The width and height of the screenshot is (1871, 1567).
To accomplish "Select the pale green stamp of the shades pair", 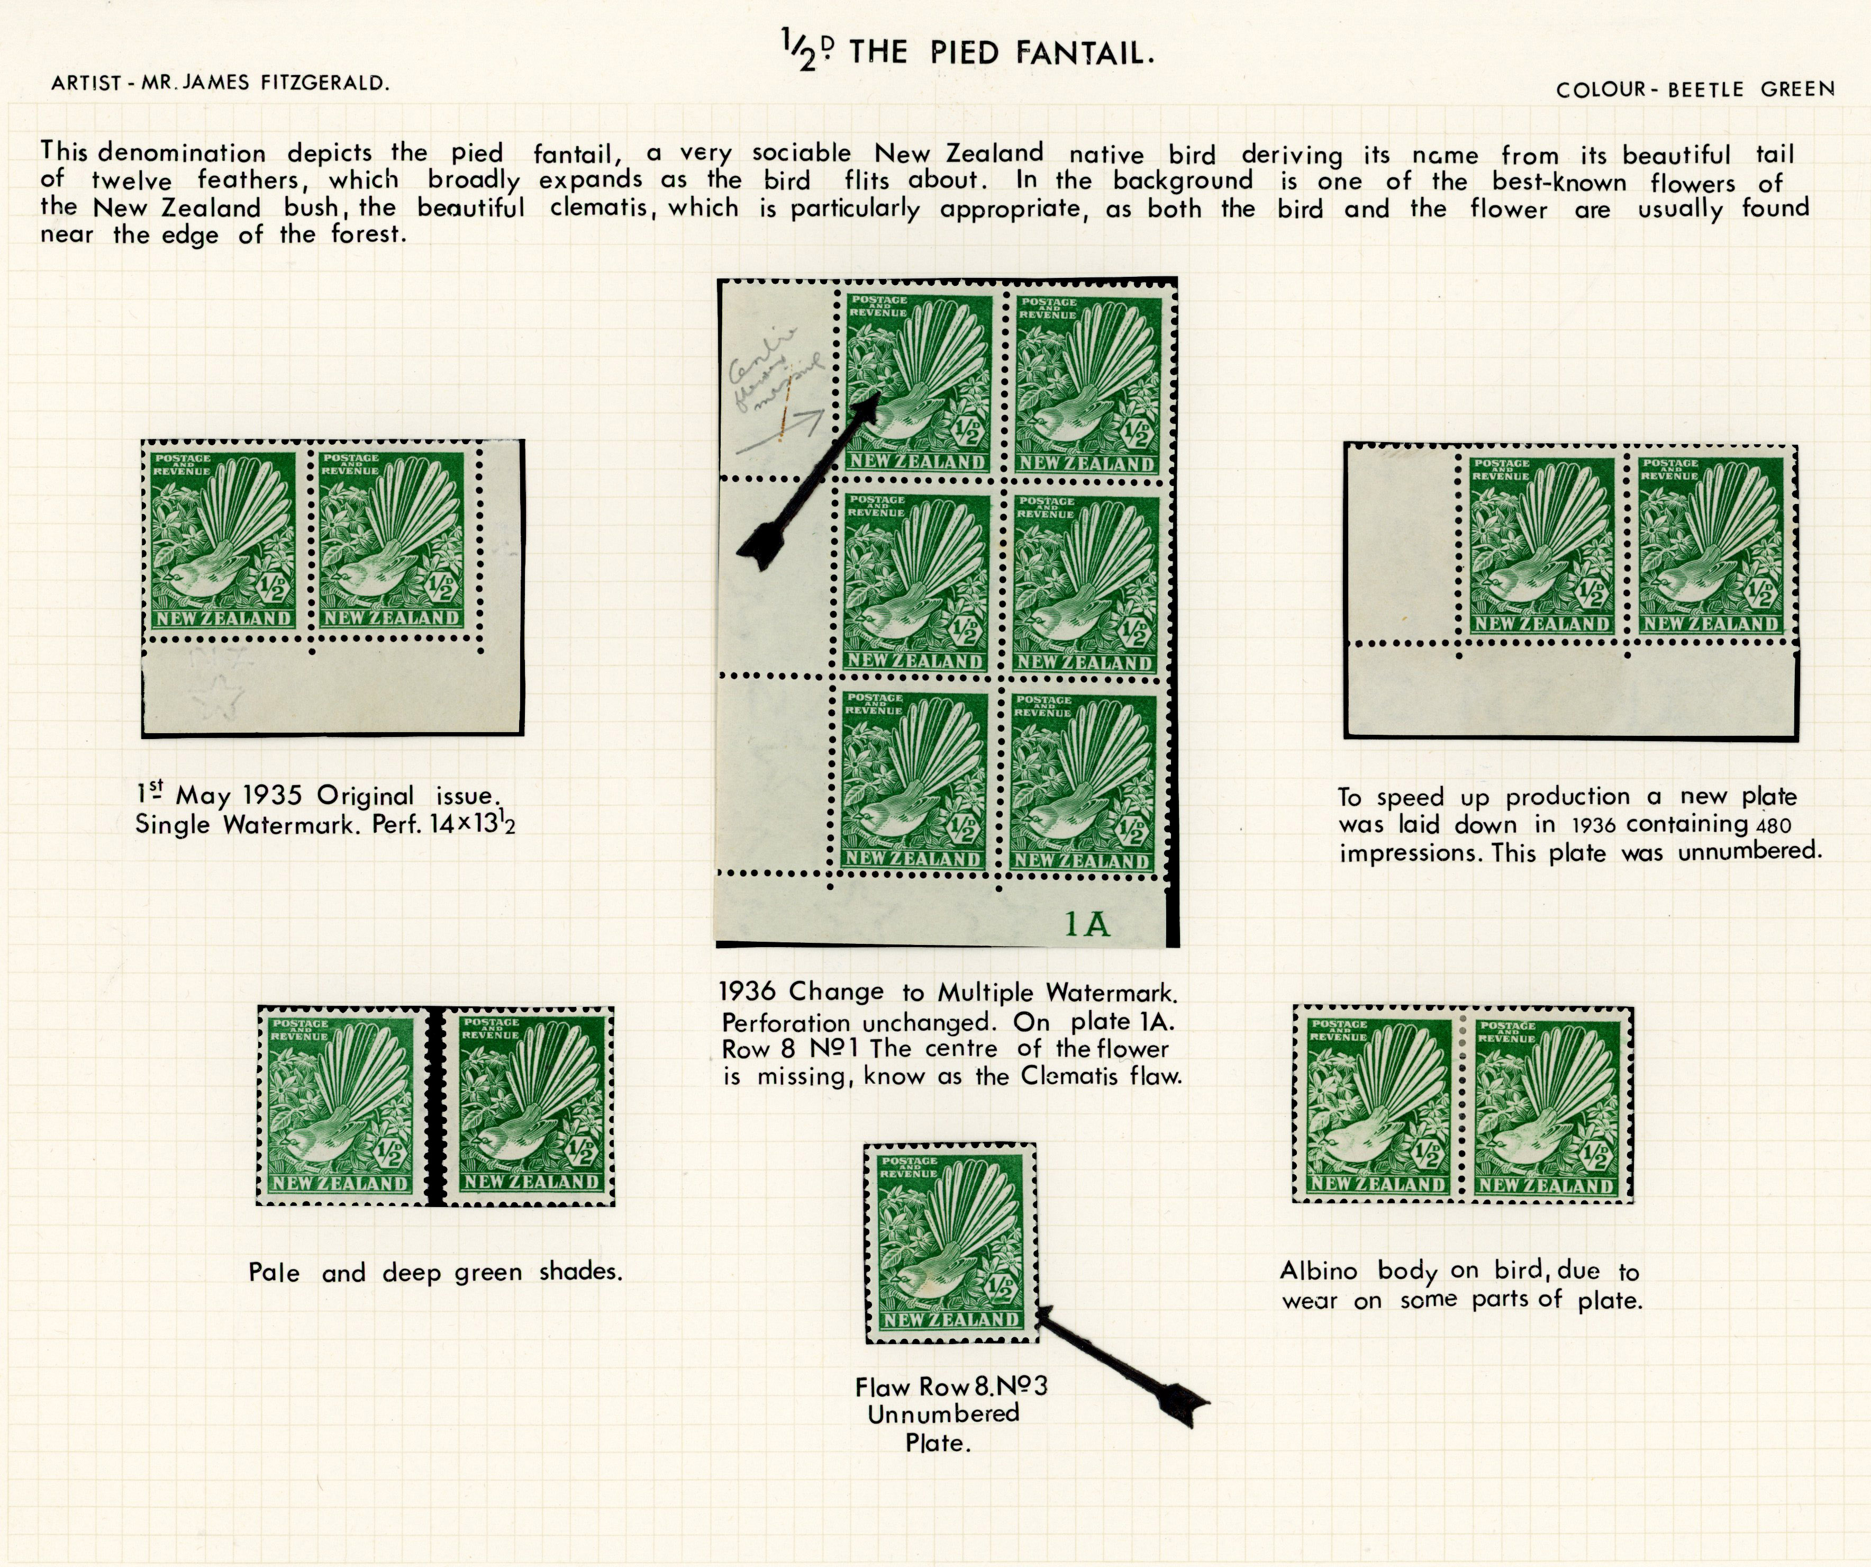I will (341, 1105).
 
